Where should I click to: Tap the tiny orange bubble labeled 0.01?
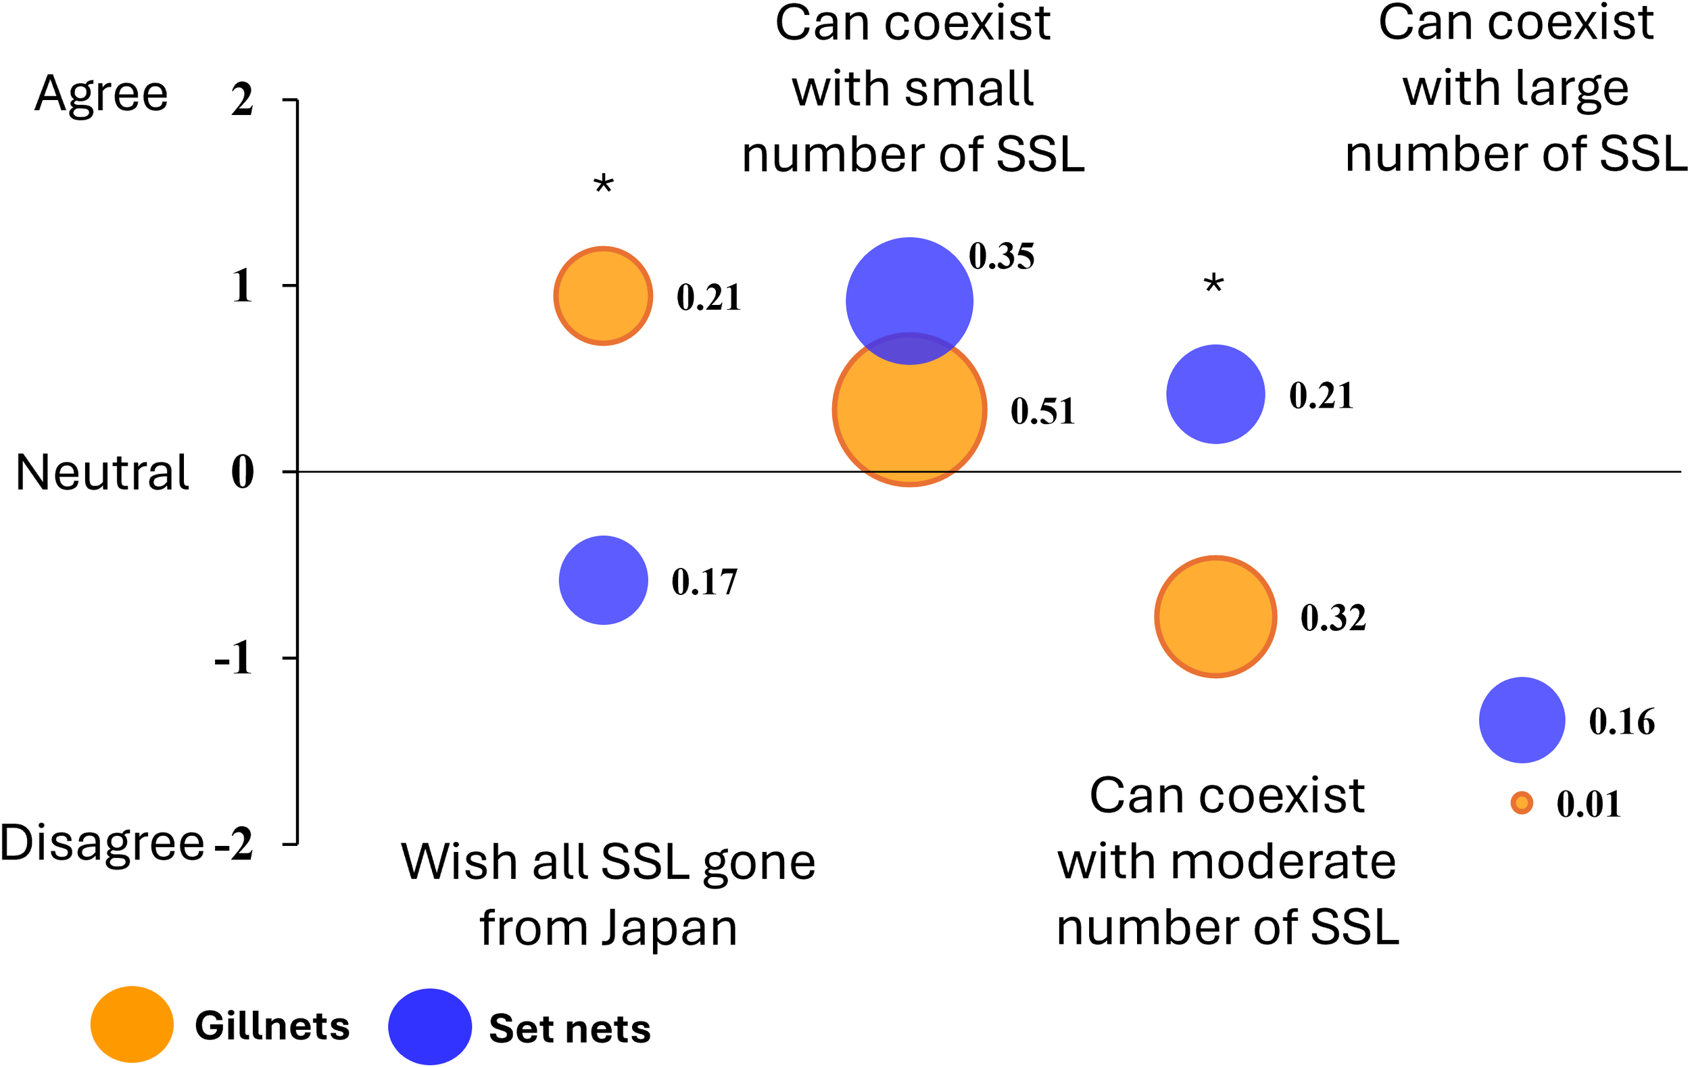click(1522, 803)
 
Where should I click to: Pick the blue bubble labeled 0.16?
click(1522, 720)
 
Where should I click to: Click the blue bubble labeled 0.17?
click(604, 581)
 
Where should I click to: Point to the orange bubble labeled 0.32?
click(1215, 617)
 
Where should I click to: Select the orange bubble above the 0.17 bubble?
click(604, 296)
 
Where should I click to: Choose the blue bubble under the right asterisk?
click(1215, 394)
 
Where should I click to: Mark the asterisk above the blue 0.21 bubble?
click(1213, 285)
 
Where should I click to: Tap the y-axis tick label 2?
click(243, 99)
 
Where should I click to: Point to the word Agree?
click(101, 94)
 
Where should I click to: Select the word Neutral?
click(103, 473)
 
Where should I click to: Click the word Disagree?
click(101, 843)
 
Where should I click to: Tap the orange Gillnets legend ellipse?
click(132, 1024)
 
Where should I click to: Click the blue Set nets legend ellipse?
click(429, 1027)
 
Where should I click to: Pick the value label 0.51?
click(1043, 411)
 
